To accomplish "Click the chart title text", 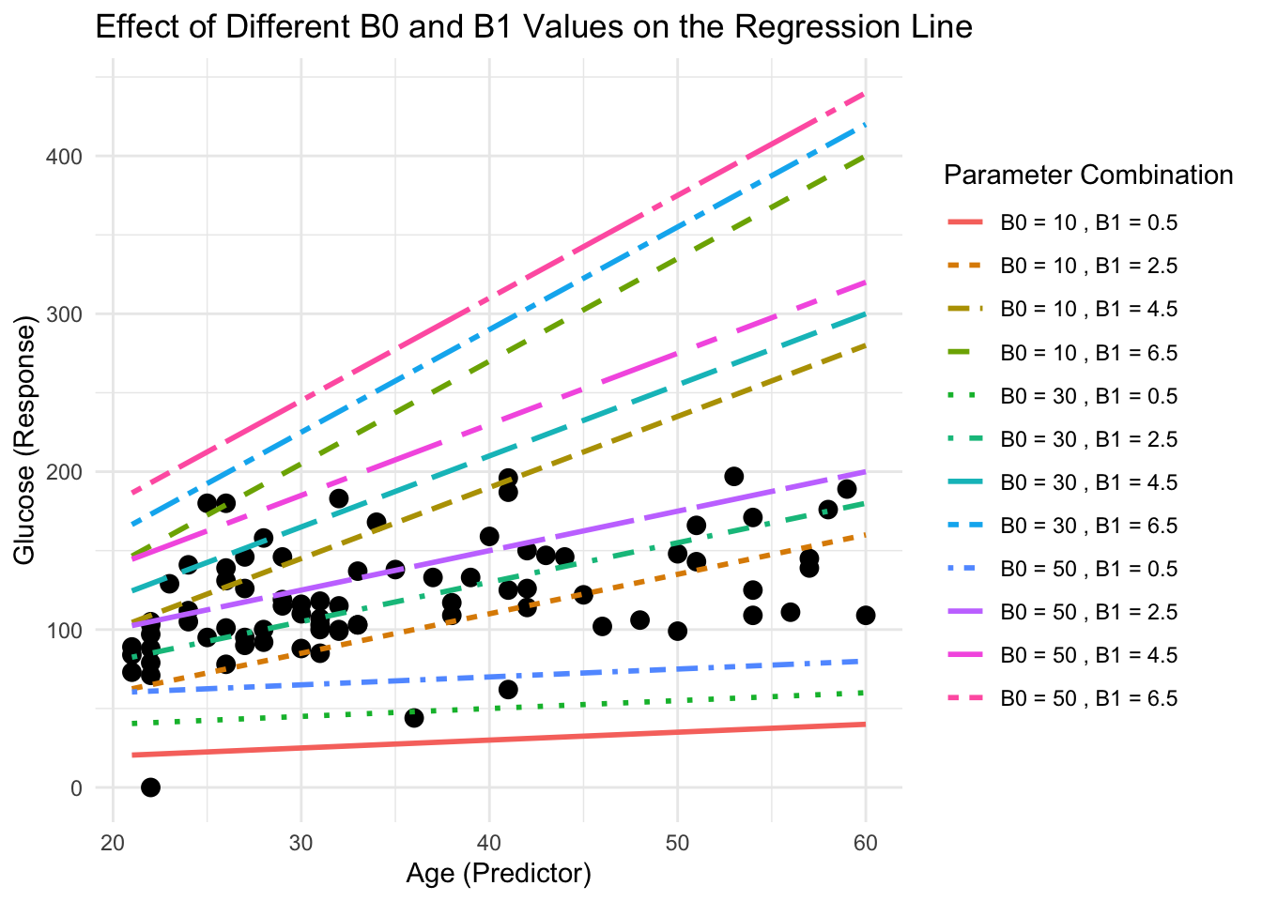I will tap(533, 27).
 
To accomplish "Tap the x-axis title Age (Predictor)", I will tap(499, 874).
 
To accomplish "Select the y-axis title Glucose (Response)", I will tap(25, 441).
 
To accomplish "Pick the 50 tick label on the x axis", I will tap(677, 843).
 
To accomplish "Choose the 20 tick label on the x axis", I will tap(113, 843).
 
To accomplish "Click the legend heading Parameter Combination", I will tap(1087, 175).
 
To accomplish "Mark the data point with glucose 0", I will tap(150, 786).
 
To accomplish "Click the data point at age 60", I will tap(865, 615).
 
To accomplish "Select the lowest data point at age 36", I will tap(414, 718).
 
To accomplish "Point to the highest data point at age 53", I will tap(733, 476).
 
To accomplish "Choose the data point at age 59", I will tap(846, 489).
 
